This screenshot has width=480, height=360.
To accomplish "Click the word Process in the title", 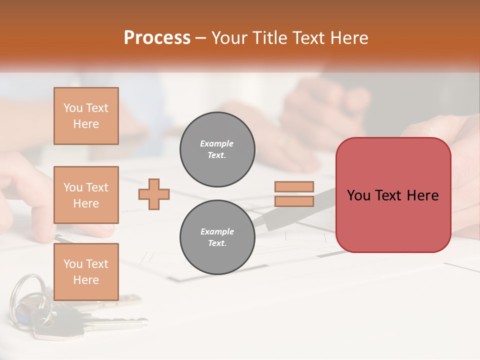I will click(x=157, y=38).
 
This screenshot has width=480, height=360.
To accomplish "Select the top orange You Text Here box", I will click(x=86, y=116).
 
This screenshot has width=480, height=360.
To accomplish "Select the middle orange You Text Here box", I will click(x=86, y=195).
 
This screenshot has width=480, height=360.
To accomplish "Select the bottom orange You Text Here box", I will click(x=86, y=271).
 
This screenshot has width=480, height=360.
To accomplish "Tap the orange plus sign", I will click(x=154, y=194).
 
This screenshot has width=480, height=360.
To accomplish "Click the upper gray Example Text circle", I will click(x=217, y=149).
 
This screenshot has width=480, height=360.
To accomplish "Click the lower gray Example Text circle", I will click(x=217, y=237).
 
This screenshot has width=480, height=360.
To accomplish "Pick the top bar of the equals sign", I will click(x=294, y=186).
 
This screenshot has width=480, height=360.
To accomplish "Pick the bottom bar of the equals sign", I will click(x=294, y=201).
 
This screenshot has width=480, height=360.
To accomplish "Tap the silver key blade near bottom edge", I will click(x=120, y=323).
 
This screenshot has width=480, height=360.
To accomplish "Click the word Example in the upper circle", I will click(x=217, y=143).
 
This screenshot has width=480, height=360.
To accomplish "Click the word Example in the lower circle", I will click(x=217, y=231).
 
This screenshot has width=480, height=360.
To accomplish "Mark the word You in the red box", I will click(x=358, y=195).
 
